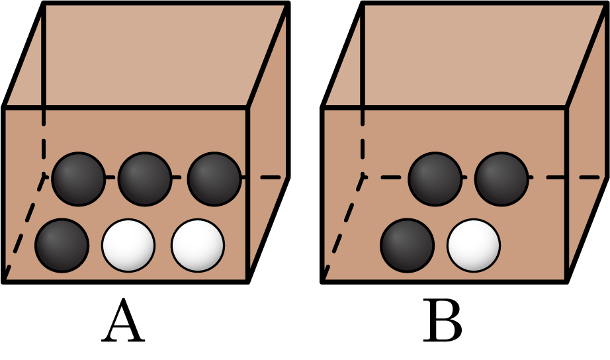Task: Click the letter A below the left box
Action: [123, 322]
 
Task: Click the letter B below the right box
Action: [443, 322]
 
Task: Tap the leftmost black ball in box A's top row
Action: [78, 178]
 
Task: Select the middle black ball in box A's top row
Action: [145, 178]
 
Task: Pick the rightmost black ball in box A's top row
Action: [214, 178]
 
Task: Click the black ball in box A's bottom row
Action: [61, 244]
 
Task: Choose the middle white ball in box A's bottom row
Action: [128, 245]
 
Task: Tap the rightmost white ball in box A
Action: [198, 245]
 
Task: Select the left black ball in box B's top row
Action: [435, 178]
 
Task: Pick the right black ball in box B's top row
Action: [501, 178]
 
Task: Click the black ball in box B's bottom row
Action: [407, 244]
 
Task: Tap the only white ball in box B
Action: [474, 245]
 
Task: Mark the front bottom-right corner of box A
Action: [247, 281]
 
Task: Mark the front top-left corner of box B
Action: [322, 107]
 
